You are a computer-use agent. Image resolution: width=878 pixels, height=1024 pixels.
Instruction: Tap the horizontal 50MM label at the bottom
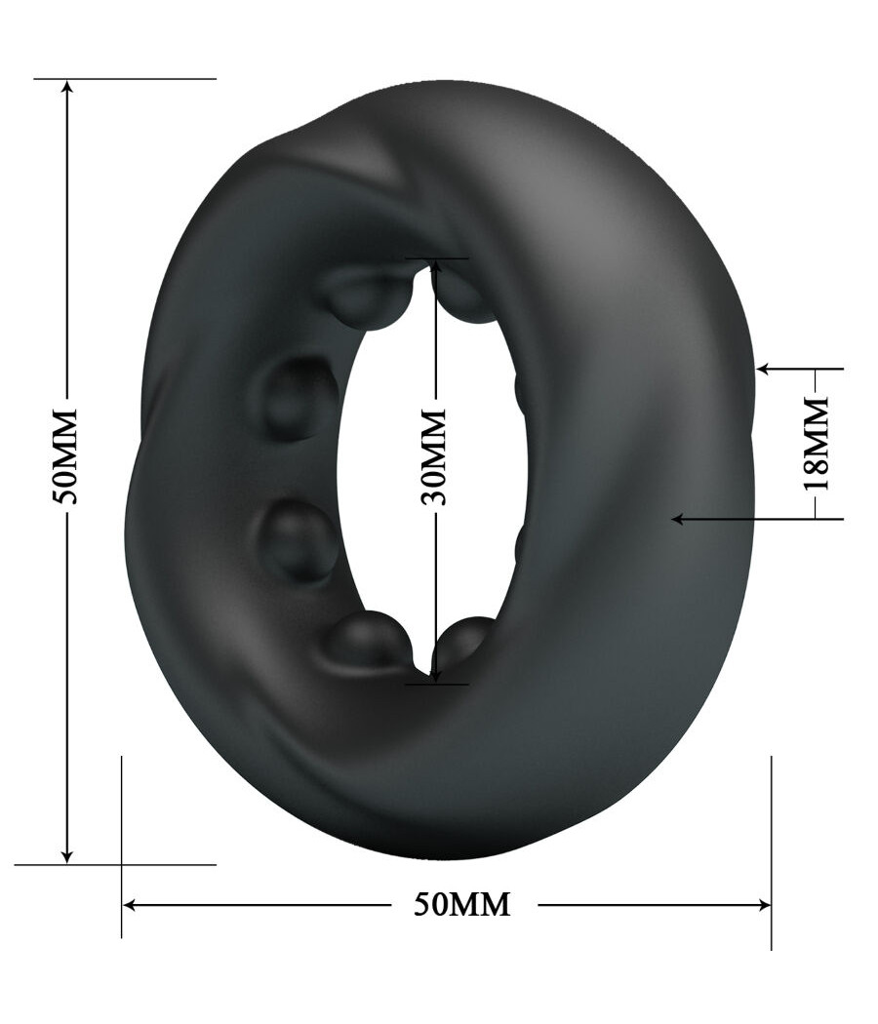461,904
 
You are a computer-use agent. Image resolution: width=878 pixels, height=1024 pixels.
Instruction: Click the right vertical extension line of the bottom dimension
771,848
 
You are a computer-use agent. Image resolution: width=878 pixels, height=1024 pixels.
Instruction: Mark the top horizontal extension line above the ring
127,78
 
